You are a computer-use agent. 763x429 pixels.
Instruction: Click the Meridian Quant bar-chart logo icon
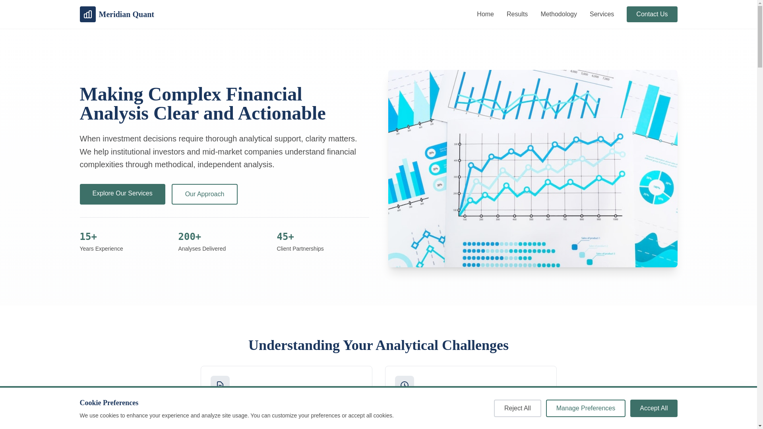pyautogui.click(x=87, y=14)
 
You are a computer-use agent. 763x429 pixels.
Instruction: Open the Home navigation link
pyautogui.click(x=485, y=14)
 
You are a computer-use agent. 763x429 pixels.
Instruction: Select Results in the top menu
pyautogui.click(x=517, y=14)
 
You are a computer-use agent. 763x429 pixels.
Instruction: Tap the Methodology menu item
pyautogui.click(x=558, y=14)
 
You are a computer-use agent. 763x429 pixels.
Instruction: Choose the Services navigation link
pyautogui.click(x=602, y=14)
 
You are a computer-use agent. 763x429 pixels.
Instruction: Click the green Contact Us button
pyautogui.click(x=652, y=14)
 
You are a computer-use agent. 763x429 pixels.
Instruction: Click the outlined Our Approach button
pyautogui.click(x=204, y=194)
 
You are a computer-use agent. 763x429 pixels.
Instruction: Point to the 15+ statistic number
pyautogui.click(x=88, y=237)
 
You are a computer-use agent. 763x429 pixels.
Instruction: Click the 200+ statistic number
pyautogui.click(x=190, y=237)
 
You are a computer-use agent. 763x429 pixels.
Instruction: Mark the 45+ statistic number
pyautogui.click(x=285, y=237)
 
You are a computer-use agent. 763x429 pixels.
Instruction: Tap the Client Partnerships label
pyautogui.click(x=300, y=249)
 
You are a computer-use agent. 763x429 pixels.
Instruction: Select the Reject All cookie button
pyautogui.click(x=517, y=408)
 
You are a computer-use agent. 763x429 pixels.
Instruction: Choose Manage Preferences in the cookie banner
pyautogui.click(x=585, y=408)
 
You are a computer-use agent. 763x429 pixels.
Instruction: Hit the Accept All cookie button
pyautogui.click(x=653, y=408)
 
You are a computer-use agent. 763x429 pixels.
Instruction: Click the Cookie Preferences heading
pyautogui.click(x=109, y=403)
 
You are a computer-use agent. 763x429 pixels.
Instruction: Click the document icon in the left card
pyautogui.click(x=220, y=385)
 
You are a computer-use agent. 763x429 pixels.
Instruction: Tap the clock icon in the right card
pyautogui.click(x=405, y=385)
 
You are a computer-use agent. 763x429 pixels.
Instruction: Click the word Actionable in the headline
pyautogui.click(x=281, y=114)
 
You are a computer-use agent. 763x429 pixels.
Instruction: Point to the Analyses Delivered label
pyautogui.click(x=202, y=249)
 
